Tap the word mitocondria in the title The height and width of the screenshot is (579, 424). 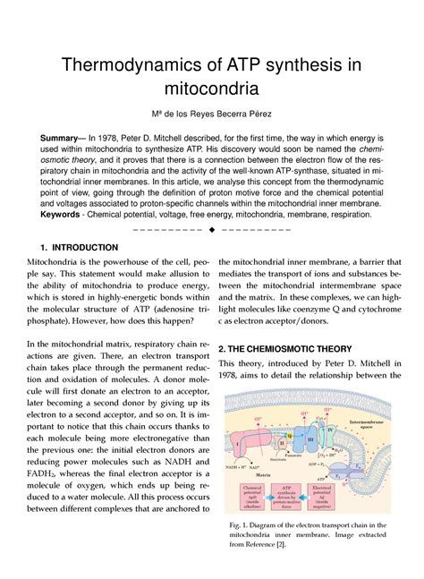click(212, 89)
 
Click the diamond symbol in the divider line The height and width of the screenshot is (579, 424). click(211, 229)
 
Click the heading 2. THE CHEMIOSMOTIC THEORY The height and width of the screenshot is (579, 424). click(285, 348)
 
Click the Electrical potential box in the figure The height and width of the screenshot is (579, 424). click(331, 493)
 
